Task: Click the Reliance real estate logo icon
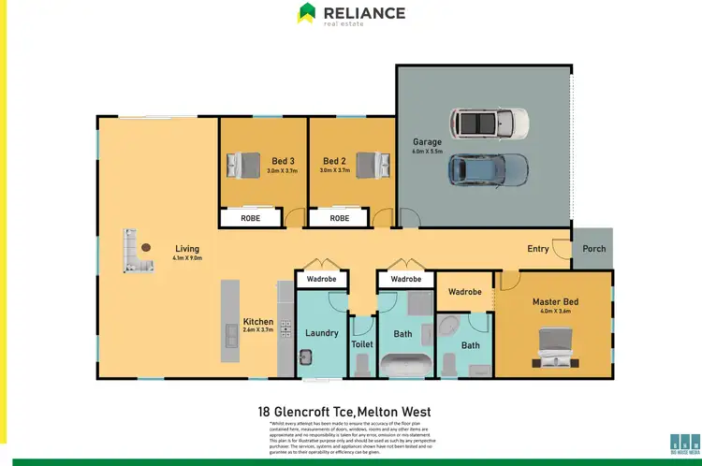pos(306,13)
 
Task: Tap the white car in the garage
pos(489,122)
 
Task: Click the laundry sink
pos(305,357)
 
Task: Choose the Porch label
pos(593,249)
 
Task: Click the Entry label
pos(538,249)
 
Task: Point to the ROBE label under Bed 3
pos(251,218)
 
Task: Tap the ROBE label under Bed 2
pos(339,218)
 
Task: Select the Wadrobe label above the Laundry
pos(321,279)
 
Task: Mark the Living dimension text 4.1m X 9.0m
pos(187,257)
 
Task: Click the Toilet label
pos(361,344)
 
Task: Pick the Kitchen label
pos(257,321)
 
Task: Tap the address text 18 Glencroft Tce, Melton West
pos(350,411)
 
